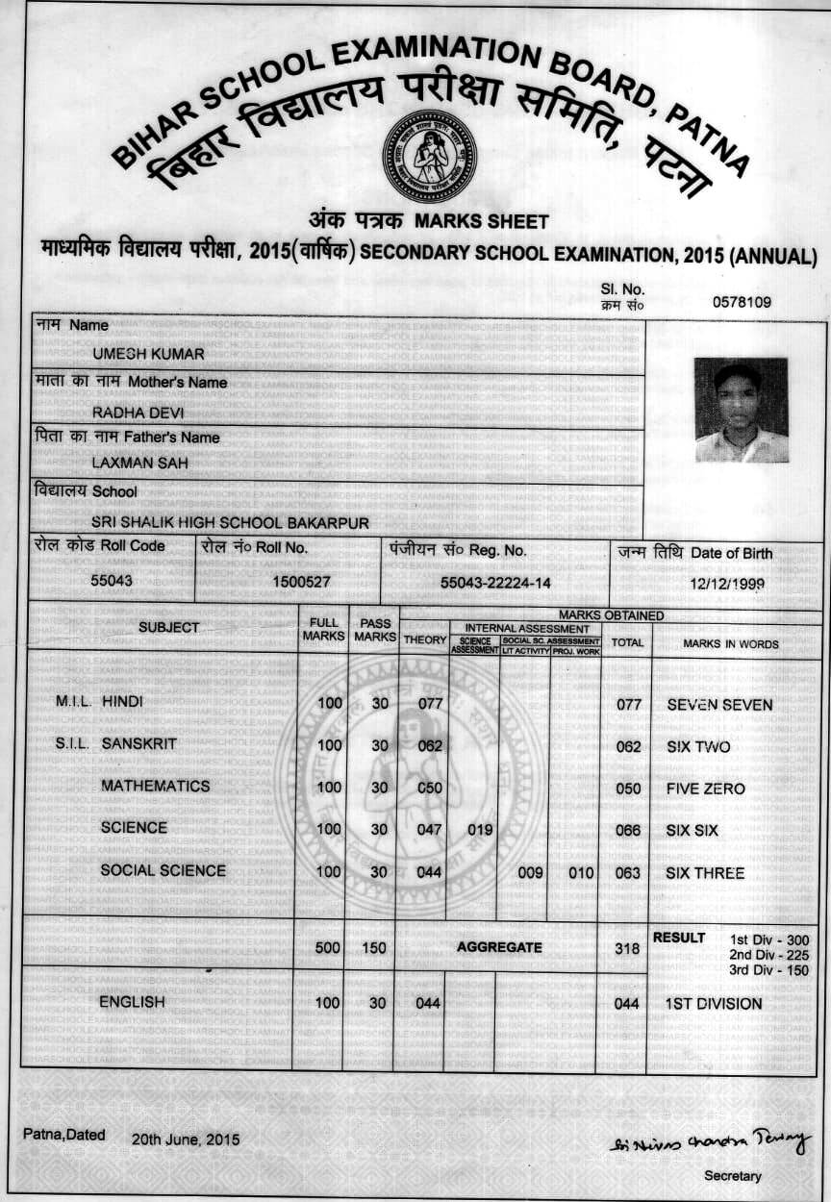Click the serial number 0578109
click(x=742, y=302)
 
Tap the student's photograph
click(x=741, y=410)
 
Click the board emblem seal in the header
click(x=429, y=157)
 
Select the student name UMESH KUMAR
click(x=148, y=354)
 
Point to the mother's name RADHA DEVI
click(x=138, y=413)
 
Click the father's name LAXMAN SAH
click(x=139, y=463)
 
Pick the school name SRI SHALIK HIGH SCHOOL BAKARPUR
click(x=230, y=523)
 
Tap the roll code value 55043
click(x=112, y=581)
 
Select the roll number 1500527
click(x=301, y=582)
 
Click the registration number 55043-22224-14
click(x=495, y=583)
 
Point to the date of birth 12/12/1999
click(x=726, y=584)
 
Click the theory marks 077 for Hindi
click(x=429, y=704)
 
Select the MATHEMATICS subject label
click(x=155, y=786)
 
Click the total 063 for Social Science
click(x=628, y=873)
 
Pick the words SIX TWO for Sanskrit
click(x=698, y=747)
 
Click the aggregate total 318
click(x=627, y=948)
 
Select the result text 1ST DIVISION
click(x=714, y=1004)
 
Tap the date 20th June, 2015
click(x=186, y=1140)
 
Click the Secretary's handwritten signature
click(x=709, y=1142)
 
